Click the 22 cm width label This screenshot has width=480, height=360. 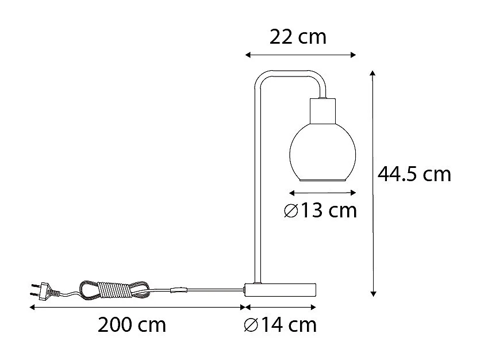[x=298, y=37]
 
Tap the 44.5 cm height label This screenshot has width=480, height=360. [x=414, y=174]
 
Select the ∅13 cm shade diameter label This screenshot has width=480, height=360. [x=320, y=211]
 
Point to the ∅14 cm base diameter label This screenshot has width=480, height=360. [x=280, y=325]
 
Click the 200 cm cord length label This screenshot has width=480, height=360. [x=132, y=325]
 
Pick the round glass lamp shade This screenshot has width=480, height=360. [x=318, y=152]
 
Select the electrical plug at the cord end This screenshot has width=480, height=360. [x=41, y=291]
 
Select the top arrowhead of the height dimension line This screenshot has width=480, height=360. [x=373, y=74]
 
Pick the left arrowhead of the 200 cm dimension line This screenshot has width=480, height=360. [x=32, y=308]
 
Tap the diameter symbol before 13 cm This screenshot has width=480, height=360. [x=291, y=212]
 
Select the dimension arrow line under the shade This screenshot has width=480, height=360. [x=318, y=193]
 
